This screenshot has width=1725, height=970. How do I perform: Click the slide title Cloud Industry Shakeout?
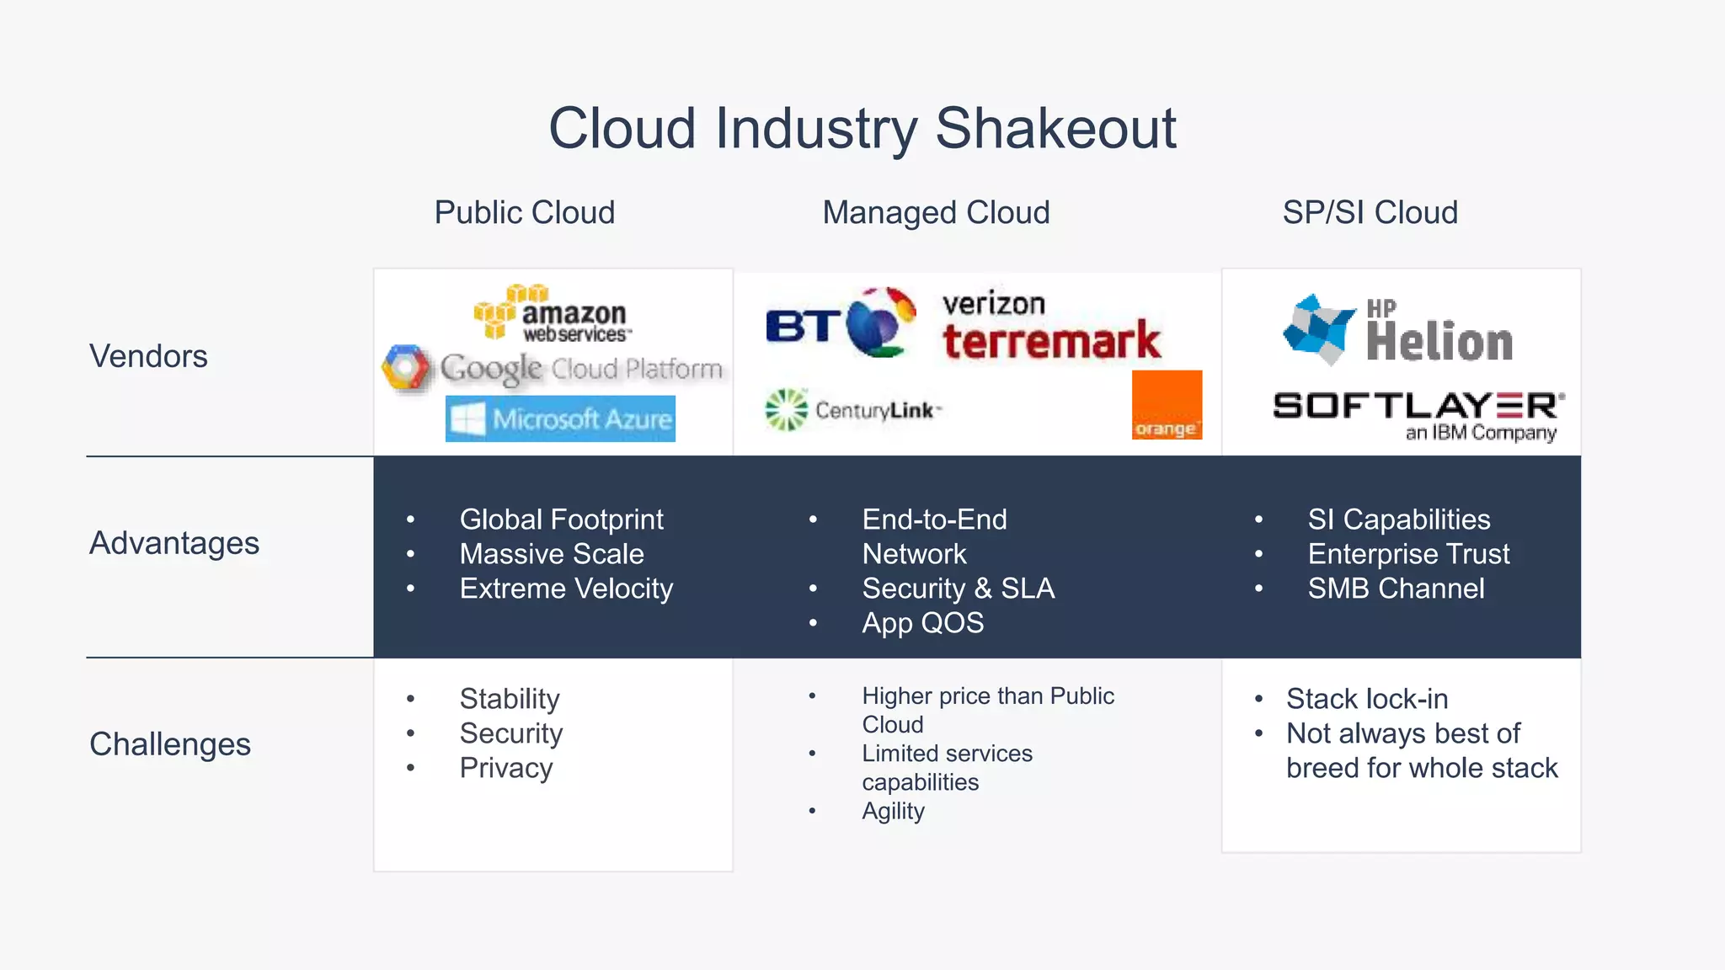point(862,129)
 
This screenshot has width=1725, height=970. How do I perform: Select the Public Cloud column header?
point(524,212)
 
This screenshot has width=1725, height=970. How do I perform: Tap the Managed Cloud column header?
point(936,212)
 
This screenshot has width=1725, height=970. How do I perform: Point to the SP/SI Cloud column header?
point(1370,212)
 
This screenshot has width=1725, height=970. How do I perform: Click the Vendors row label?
point(148,356)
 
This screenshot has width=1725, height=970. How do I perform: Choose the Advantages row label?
point(174,543)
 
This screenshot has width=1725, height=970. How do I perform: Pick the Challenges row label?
point(170,744)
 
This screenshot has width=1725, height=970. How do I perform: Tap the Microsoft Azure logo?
point(560,418)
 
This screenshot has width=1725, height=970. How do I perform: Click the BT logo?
point(839,323)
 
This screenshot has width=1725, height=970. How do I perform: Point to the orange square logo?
point(1166,405)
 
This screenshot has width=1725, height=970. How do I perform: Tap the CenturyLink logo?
point(852,410)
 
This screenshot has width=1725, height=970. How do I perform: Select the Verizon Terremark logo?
point(1049,327)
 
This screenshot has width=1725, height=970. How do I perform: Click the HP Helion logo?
point(1398,330)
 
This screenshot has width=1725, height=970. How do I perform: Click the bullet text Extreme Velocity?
point(566,589)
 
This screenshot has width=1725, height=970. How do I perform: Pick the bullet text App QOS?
point(922,623)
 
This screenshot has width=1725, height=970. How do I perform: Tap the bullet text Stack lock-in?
point(1366,699)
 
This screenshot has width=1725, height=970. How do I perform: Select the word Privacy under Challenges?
point(505,768)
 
